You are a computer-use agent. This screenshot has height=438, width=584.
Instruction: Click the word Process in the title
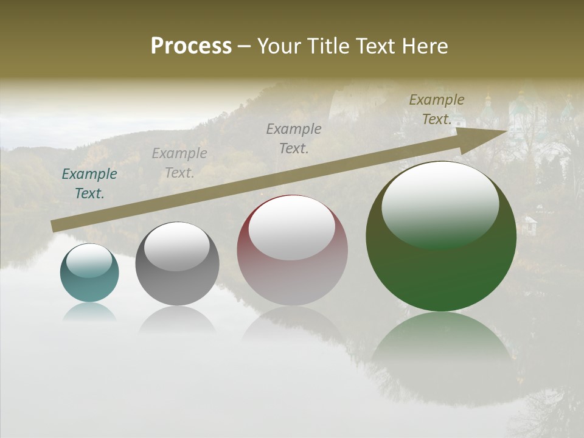[x=191, y=46]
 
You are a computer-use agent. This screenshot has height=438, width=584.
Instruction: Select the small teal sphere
[x=89, y=273]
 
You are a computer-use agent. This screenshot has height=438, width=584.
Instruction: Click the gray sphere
[x=177, y=263]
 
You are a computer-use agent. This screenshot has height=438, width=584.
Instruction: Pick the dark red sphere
[x=292, y=250]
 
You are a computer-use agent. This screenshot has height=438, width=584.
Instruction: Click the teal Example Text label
[x=89, y=184]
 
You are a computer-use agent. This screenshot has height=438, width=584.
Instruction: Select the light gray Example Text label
[x=179, y=163]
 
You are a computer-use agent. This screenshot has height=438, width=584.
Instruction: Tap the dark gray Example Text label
[x=294, y=138]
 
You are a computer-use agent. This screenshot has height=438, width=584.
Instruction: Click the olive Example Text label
[x=437, y=109]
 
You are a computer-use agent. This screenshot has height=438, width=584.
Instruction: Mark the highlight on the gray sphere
[x=176, y=246]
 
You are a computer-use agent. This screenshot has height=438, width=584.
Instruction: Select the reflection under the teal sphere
[x=89, y=312]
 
